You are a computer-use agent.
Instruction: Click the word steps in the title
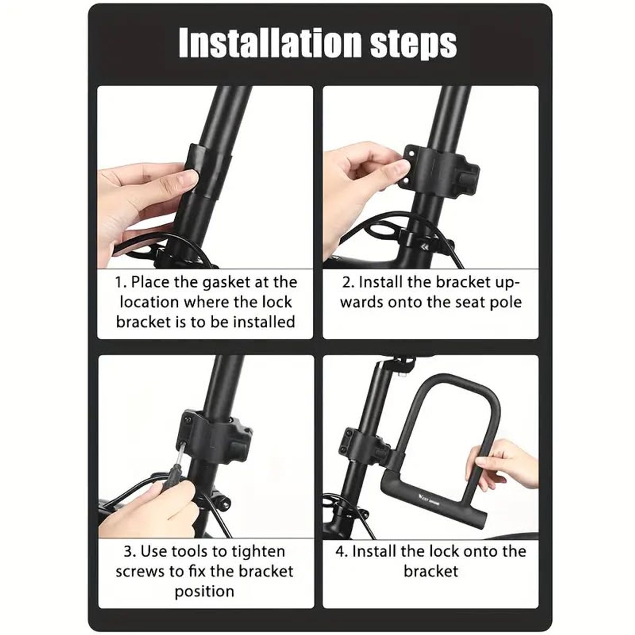pyautogui.click(x=414, y=45)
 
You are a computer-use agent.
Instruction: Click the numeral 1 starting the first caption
pyautogui.click(x=119, y=283)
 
